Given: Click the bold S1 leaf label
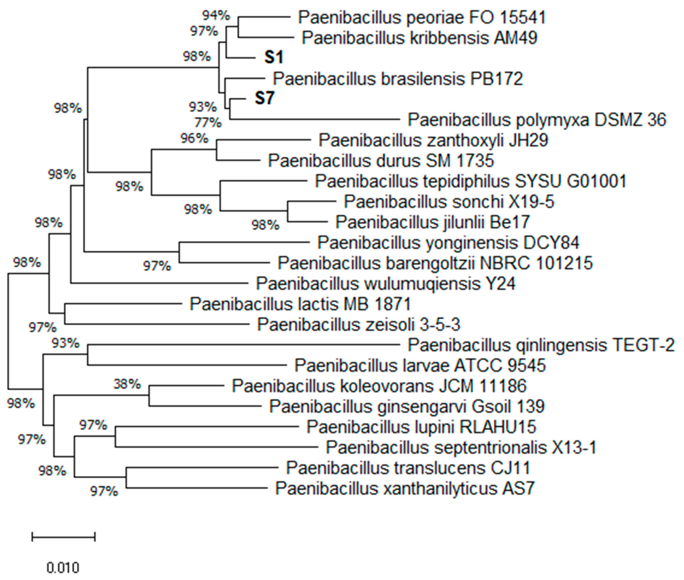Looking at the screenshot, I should coord(274,58).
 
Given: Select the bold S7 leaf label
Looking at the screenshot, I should coord(264,98).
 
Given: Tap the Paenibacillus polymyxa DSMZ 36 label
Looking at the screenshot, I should coord(537,120).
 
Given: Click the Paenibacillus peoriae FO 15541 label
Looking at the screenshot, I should coord(422,17).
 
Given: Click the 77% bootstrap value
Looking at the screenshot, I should coord(208,123).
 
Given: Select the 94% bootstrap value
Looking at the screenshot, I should coord(216,15).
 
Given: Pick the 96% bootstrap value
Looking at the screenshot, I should coord(194,138).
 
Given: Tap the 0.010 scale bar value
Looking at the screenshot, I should coord(63,568).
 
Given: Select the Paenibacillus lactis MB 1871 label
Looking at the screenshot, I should coord(300,304).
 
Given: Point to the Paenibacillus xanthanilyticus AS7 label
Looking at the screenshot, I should coord(405,488).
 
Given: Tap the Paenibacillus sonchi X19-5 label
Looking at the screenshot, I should coord(449,202).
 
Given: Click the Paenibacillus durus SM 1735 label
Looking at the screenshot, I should coord(381,161).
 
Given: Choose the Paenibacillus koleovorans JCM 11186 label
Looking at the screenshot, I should coord(379,386).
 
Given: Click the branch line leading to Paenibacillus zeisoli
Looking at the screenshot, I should coord(158,324).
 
